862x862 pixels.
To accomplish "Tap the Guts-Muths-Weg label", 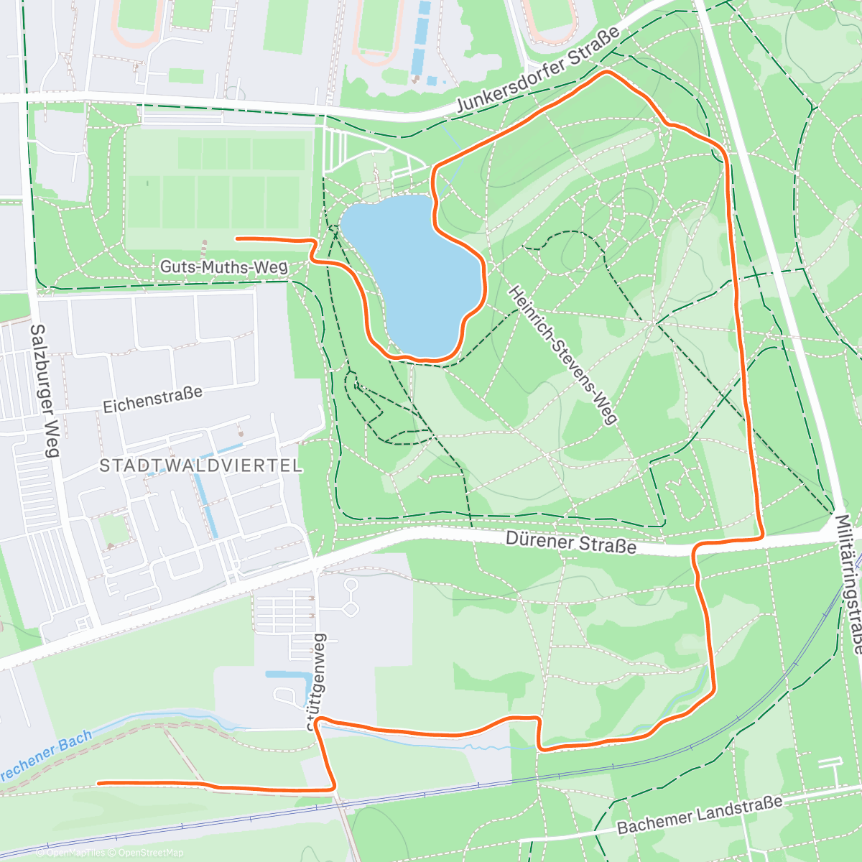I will (x=223, y=267).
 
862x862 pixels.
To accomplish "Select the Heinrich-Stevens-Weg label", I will (x=563, y=354).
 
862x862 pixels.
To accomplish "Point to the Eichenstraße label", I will (x=152, y=400).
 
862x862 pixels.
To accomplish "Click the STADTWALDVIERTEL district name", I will (x=200, y=465).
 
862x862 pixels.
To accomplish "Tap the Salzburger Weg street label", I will (x=44, y=391).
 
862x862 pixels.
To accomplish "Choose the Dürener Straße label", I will (x=570, y=542).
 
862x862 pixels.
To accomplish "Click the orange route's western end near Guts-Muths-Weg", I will (x=238, y=238).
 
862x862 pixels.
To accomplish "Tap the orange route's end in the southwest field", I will (x=98, y=782).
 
